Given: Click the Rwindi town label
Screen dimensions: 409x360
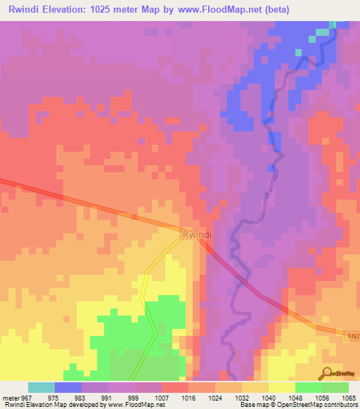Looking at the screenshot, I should coord(197,236).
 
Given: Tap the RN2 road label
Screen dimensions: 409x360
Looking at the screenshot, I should coord(352,337).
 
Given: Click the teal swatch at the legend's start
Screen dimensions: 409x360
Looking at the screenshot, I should coord(41,387).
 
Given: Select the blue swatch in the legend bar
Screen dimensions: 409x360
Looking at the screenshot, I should coord(67,387).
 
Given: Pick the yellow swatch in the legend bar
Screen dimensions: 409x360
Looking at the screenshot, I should coord(281,387).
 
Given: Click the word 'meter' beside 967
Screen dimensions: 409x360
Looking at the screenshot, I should coord(9,397).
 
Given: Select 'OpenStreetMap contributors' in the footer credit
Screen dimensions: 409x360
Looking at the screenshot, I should coord(317,405).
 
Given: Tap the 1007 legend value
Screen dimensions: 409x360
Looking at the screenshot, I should coord(162,397).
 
